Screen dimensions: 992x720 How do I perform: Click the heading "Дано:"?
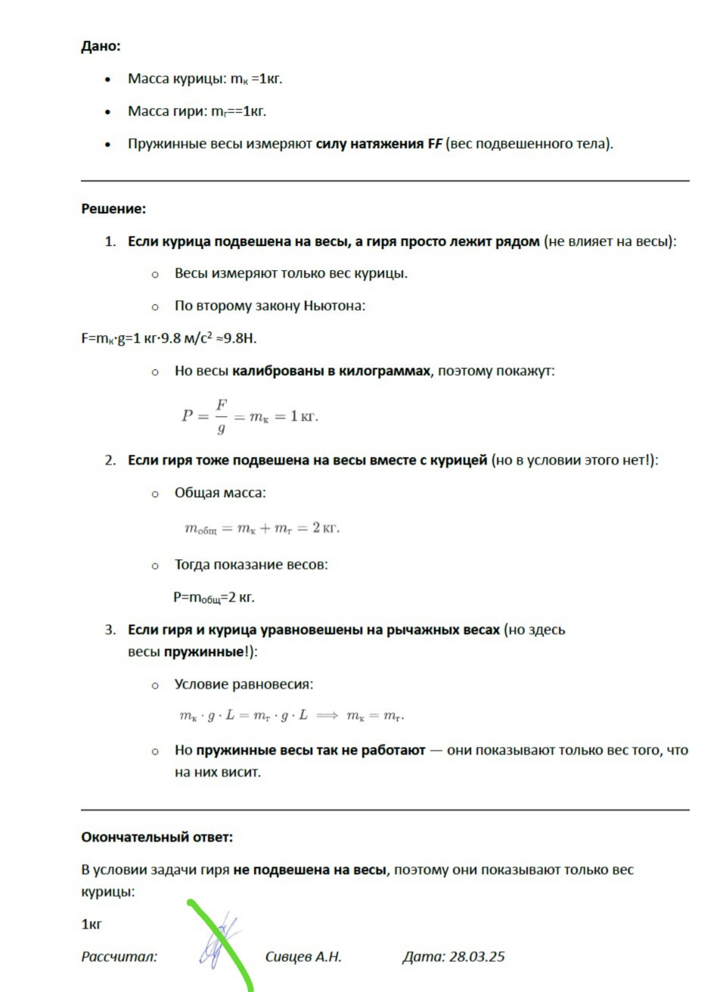coord(101,46)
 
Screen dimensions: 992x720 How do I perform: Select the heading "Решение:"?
coord(113,209)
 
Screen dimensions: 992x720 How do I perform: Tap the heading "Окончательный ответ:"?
coord(157,837)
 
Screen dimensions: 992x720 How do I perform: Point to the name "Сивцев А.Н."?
coord(303,956)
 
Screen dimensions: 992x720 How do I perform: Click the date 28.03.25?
coord(476,956)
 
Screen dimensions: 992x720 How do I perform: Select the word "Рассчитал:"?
coord(119,956)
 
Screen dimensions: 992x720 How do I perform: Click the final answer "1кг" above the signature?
coord(92,924)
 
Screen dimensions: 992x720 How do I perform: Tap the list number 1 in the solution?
coord(110,242)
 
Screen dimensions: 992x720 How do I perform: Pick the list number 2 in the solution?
coord(110,461)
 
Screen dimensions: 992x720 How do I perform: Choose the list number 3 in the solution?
coord(110,630)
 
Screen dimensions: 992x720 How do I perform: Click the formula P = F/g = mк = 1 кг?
coord(250,416)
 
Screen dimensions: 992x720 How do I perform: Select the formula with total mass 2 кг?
coord(262,528)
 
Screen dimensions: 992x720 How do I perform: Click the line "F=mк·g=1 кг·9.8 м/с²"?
coord(169,338)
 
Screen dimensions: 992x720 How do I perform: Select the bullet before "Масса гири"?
coord(109,112)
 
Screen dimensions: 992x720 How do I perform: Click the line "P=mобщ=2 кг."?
coord(214,598)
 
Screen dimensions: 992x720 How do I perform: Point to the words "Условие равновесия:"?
coord(244,684)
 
